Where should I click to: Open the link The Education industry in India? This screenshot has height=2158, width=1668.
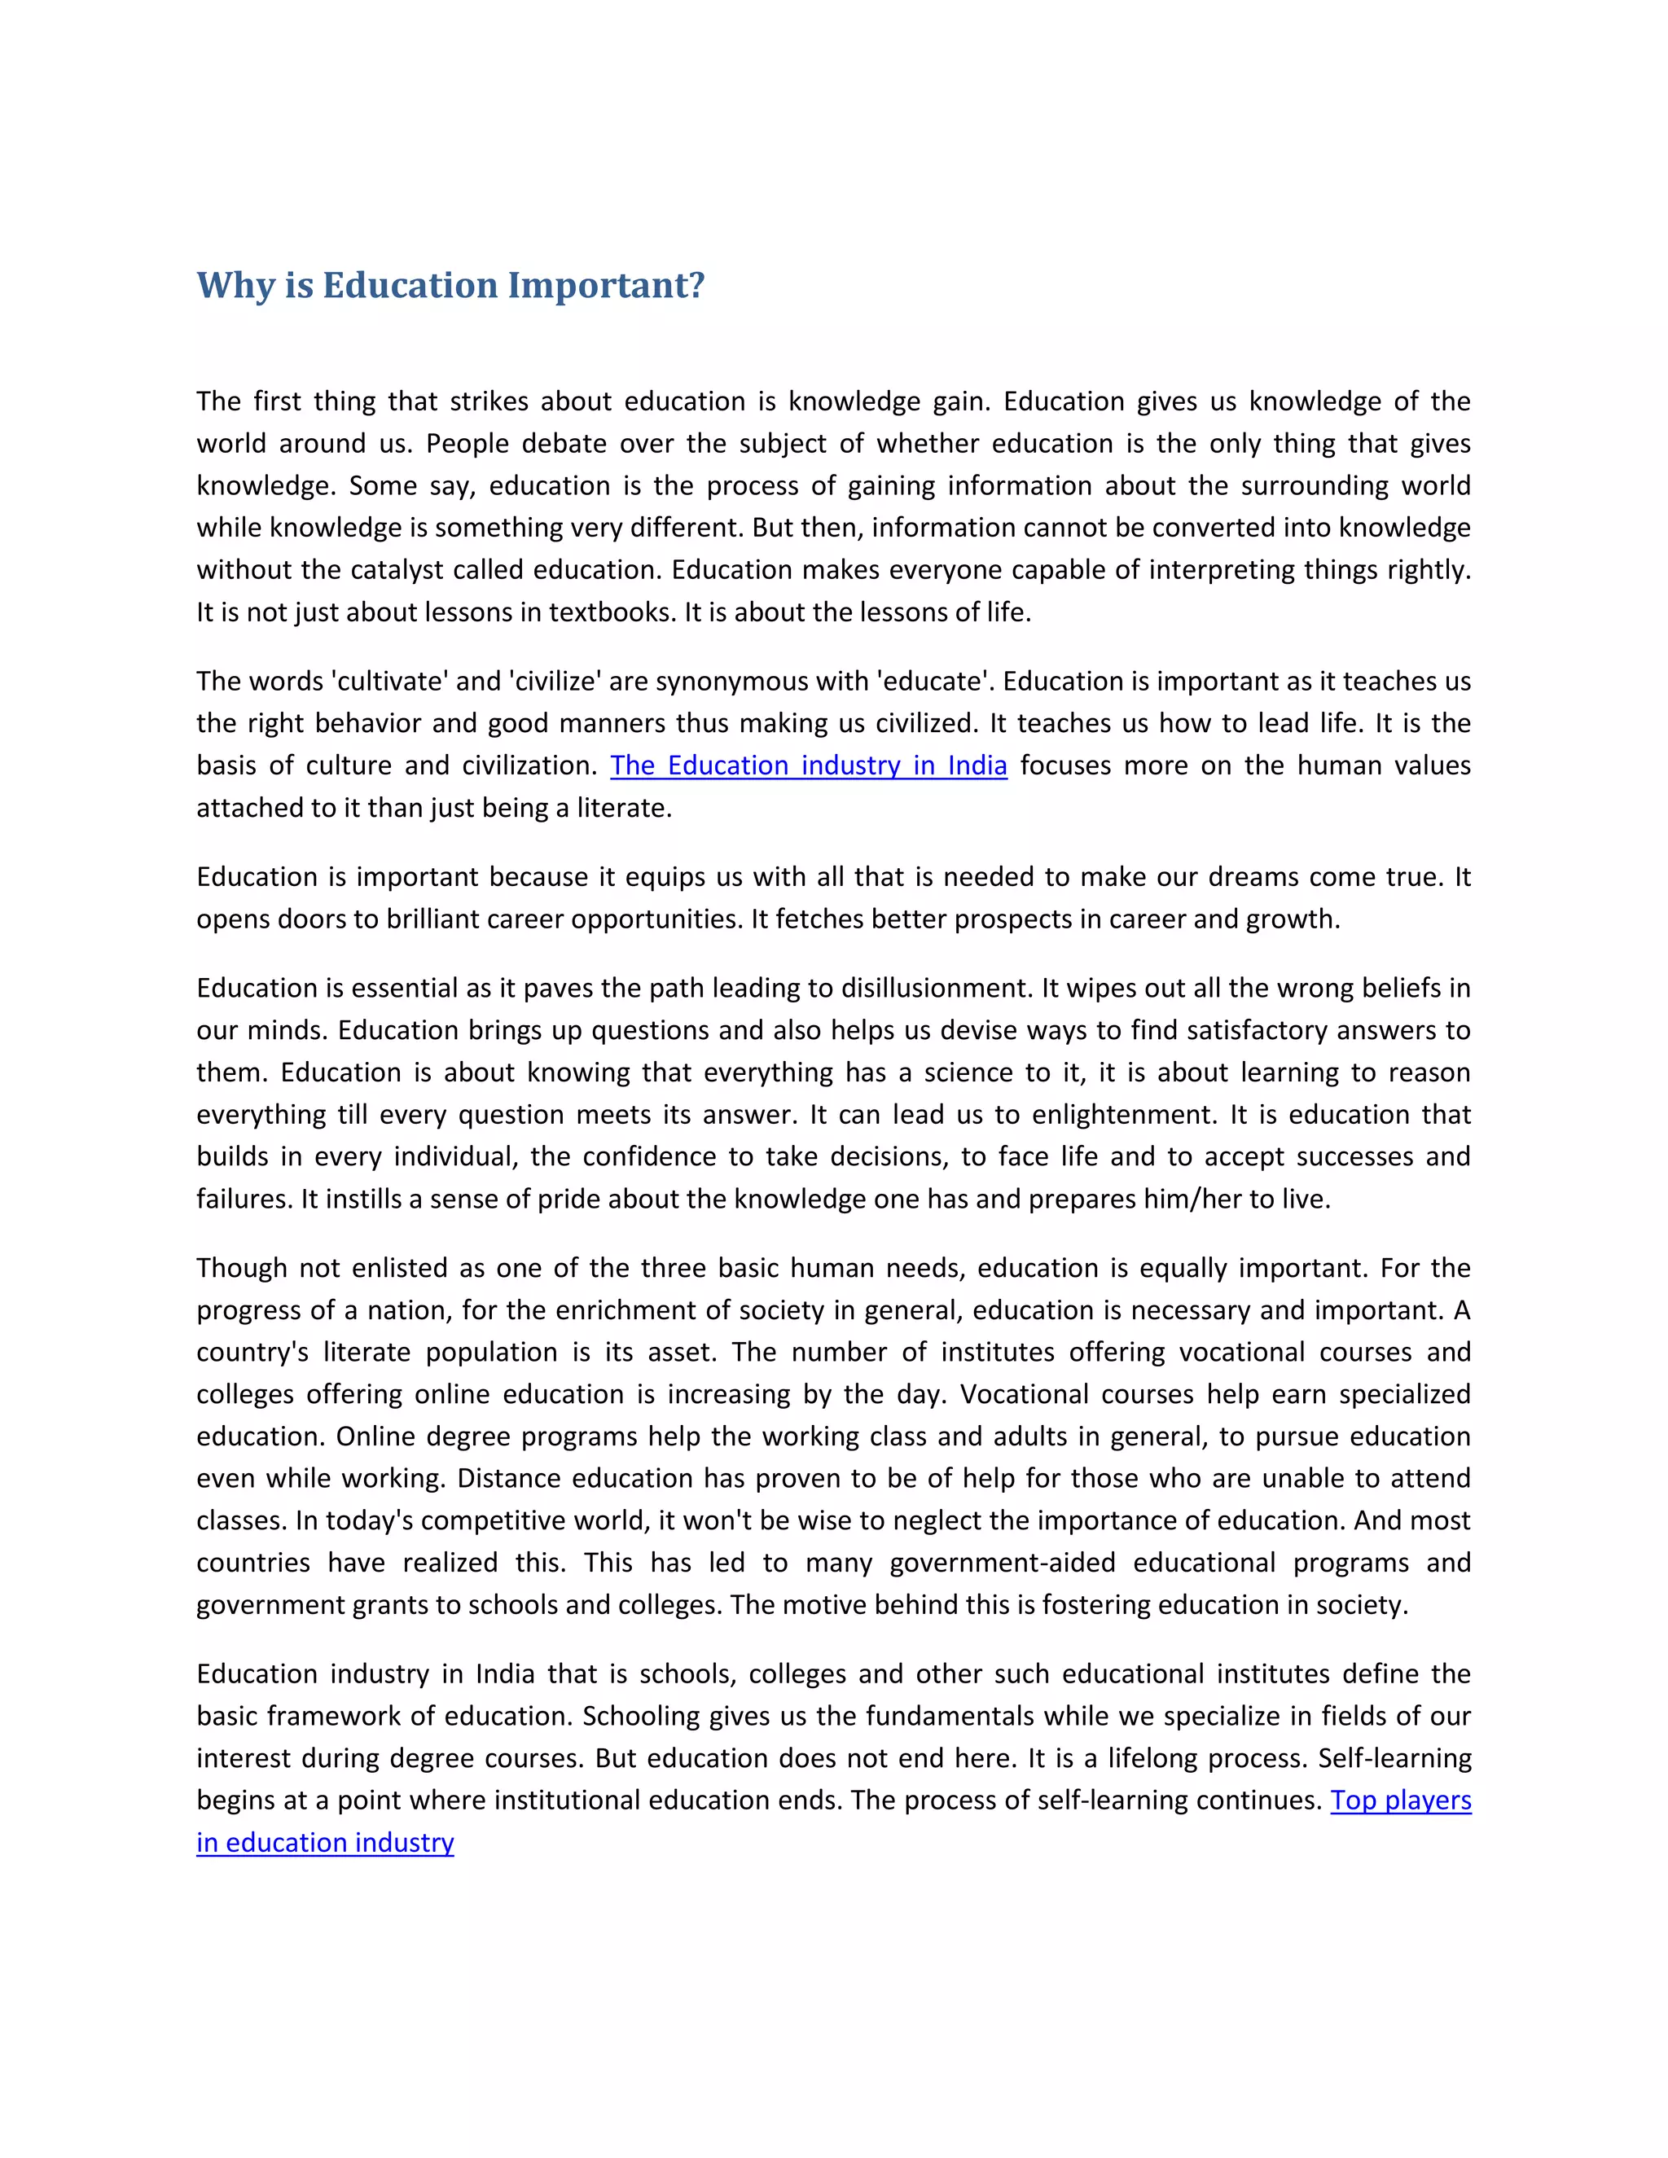(808, 765)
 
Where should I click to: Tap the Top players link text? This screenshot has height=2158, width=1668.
(1400, 1801)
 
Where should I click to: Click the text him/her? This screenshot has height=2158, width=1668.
(1189, 1200)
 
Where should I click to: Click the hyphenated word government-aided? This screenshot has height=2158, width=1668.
(1001, 1564)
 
